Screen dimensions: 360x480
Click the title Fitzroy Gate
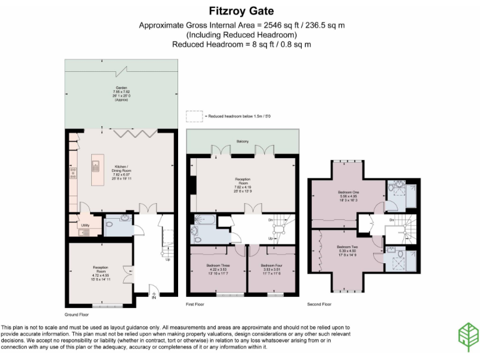pos(240,11)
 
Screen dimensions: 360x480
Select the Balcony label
pos(243,141)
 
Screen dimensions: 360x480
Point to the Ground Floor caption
pos(76,314)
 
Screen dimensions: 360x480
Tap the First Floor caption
pos(196,304)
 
